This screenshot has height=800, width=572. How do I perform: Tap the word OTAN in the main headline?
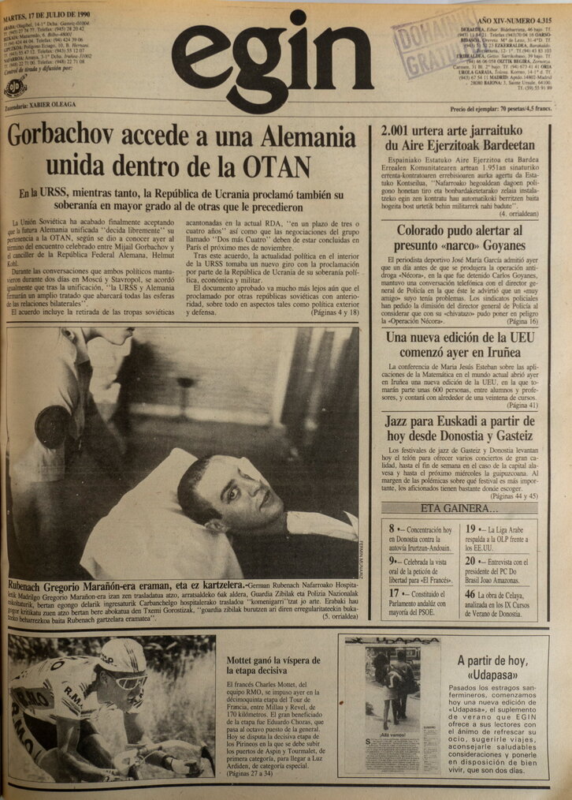(261, 166)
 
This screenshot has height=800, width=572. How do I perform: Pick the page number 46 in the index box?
(470, 594)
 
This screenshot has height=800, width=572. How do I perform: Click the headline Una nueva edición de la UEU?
(461, 345)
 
